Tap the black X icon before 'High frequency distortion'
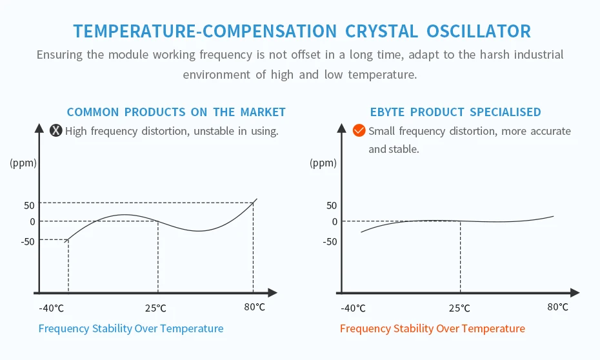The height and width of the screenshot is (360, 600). coord(56,131)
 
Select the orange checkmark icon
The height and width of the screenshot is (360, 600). coord(359,131)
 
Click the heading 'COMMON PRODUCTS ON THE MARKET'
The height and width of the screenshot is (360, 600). coord(176,112)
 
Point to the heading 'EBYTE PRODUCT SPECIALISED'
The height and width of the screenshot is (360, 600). coord(455,112)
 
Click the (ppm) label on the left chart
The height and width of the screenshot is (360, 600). coord(23,163)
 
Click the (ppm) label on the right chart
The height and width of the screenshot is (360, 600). coord(323,163)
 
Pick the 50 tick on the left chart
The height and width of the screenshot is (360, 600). coord(28,205)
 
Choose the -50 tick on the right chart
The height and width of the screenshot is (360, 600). coord(329,242)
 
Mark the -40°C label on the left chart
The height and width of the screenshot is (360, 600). coord(52,308)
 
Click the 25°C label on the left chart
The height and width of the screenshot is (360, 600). coord(155,308)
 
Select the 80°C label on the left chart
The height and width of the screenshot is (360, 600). coord(255,306)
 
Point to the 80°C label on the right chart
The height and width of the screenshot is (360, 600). coord(558,306)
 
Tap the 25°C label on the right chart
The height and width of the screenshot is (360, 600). coord(459,308)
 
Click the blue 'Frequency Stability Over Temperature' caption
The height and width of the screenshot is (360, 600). coord(131,328)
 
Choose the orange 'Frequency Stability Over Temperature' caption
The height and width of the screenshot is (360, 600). coord(432,328)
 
